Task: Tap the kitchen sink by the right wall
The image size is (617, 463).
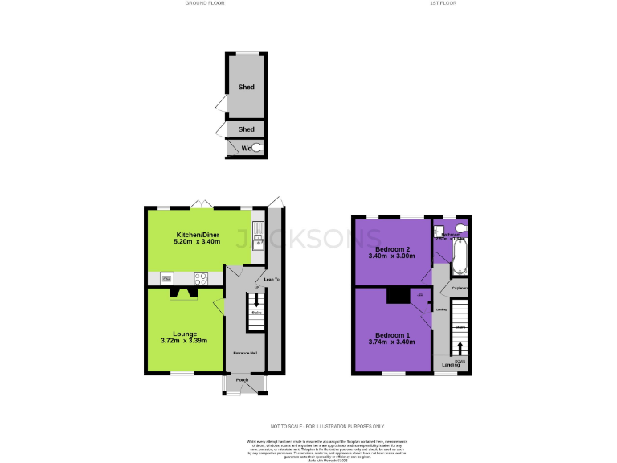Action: click(x=258, y=235)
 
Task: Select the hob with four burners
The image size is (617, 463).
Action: click(x=201, y=279)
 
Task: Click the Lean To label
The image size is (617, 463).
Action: click(x=272, y=279)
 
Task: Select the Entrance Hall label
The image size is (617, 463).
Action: click(x=245, y=354)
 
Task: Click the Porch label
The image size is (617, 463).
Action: click(x=242, y=380)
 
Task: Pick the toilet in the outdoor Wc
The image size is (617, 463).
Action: click(x=256, y=148)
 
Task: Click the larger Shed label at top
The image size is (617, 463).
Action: click(x=246, y=87)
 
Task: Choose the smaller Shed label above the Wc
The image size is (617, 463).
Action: click(x=246, y=129)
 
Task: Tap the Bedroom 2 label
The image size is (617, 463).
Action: click(x=390, y=248)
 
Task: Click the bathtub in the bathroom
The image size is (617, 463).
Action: click(x=461, y=259)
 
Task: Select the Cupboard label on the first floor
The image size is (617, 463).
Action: click(x=460, y=288)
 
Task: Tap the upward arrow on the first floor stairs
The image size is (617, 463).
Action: click(x=460, y=348)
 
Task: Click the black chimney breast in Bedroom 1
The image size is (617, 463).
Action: click(x=398, y=296)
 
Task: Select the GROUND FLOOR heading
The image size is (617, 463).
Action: click(x=205, y=3)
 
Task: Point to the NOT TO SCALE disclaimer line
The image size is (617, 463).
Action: click(x=327, y=426)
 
